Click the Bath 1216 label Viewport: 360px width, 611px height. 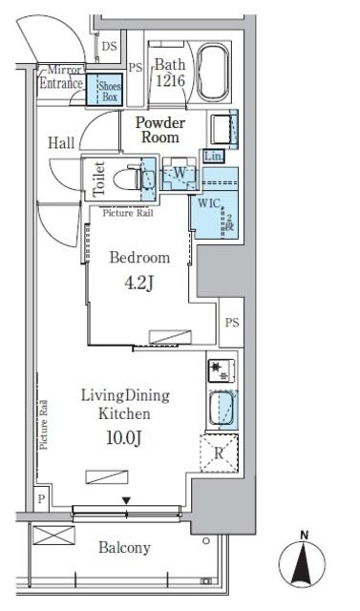click(170, 73)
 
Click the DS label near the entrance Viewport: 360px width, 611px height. click(109, 45)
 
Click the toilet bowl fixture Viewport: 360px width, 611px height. click(128, 178)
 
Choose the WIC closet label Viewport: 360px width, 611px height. click(209, 202)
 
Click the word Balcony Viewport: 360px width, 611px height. click(124, 548)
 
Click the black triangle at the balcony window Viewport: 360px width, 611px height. click(125, 500)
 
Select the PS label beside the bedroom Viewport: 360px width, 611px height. click(231, 323)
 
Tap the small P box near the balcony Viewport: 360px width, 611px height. click(41, 497)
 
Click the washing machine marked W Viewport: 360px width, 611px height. click(179, 173)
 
